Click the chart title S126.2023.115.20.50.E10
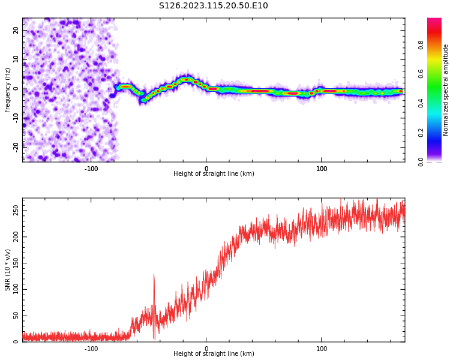[214, 6]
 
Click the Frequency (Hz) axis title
[8, 90]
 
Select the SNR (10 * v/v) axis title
[8, 270]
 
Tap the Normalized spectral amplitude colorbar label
[446, 90]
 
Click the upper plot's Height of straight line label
[214, 174]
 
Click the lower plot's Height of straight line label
[214, 354]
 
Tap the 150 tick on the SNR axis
[16, 263]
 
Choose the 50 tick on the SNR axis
[16, 316]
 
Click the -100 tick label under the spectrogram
[91, 169]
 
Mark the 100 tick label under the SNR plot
[322, 349]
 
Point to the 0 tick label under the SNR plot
[206, 349]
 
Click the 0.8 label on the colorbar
[421, 45]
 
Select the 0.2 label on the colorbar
[421, 133]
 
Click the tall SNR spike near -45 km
[154, 276]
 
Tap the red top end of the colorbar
[434, 20]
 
